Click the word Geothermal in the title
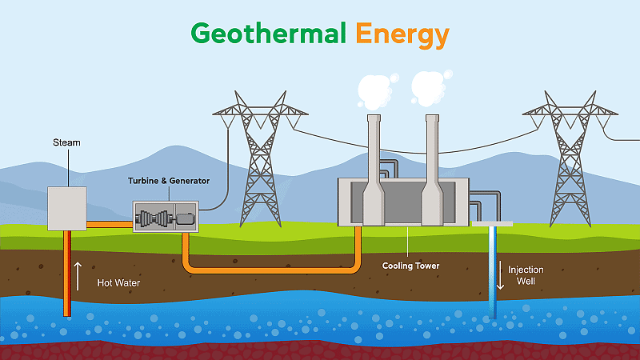pyautogui.click(x=267, y=34)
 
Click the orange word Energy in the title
pyautogui.click(x=402, y=34)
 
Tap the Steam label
pyautogui.click(x=66, y=142)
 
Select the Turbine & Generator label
pyautogui.click(x=169, y=182)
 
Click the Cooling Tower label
pyautogui.click(x=410, y=266)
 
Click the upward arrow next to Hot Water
pyautogui.click(x=78, y=276)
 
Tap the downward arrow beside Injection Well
pyautogui.click(x=501, y=276)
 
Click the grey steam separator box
pyautogui.click(x=66, y=209)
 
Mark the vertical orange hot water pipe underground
pyautogui.click(x=66, y=272)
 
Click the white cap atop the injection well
pyautogui.click(x=492, y=224)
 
